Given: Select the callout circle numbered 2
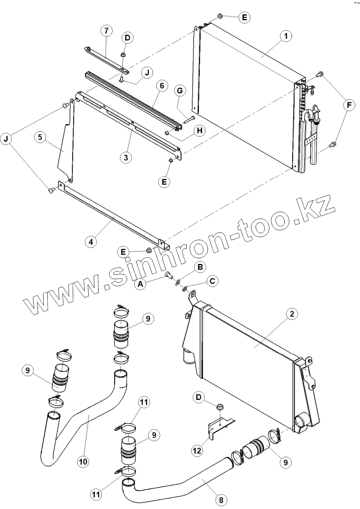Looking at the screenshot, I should coord(291,314).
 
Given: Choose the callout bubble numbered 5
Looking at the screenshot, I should coord(40,138).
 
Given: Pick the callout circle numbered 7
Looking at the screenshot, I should coord(106,31).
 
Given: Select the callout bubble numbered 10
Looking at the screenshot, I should coord(83,462).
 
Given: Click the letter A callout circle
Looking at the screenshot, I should coord(141,283).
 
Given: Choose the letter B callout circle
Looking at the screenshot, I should coord(200,268).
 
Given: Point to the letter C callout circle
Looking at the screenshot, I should coord(212,281).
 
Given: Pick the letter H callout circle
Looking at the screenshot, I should coord(199,130).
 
